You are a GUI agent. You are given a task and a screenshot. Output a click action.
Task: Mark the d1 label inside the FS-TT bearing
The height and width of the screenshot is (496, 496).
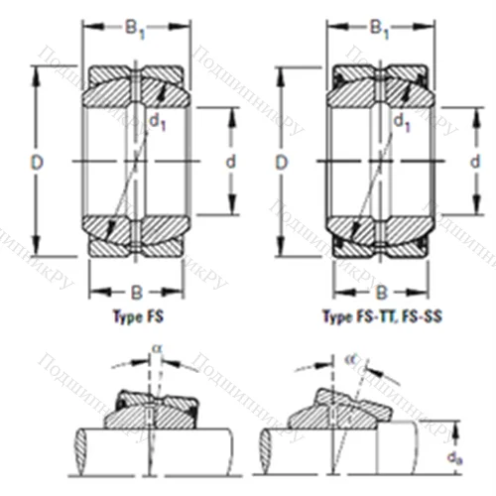tap(402, 122)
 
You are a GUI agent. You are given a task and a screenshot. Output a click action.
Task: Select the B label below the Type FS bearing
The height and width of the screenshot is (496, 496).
tap(134, 291)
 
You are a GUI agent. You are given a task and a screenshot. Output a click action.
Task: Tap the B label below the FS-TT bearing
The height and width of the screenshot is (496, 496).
tap(381, 291)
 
